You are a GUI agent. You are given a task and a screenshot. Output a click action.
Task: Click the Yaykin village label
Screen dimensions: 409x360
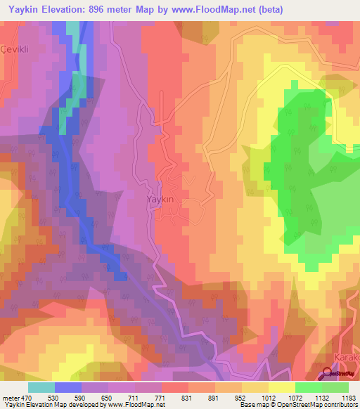point(160,200)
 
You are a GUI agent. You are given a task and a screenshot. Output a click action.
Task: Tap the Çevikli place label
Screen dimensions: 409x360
point(13,49)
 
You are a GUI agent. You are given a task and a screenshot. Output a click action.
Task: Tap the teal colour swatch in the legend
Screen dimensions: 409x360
point(41,387)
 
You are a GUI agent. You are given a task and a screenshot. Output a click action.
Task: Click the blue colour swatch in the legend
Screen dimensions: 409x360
point(68,387)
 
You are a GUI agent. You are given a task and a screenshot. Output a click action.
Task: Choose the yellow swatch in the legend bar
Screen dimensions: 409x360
point(281,387)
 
